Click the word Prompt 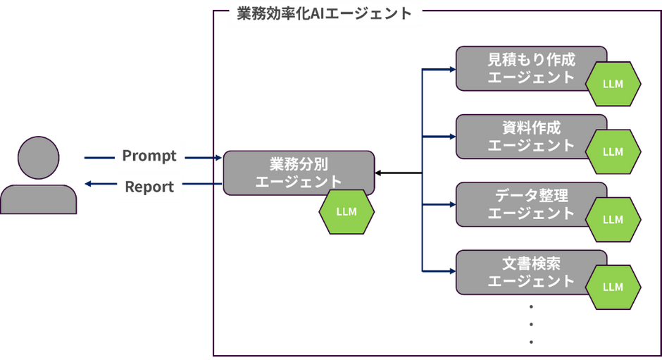(149, 156)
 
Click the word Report (149, 187)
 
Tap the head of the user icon (39, 158)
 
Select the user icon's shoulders (39, 199)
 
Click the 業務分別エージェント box (299, 173)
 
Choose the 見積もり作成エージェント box (531, 68)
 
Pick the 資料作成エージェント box (531, 137)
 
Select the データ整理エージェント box (531, 204)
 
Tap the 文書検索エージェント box (531, 273)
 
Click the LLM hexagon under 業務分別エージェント (346, 211)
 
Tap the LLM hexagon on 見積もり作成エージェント (613, 84)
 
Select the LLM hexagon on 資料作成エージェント (613, 151)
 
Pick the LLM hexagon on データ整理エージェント (613, 220)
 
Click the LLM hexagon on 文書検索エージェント (613, 287)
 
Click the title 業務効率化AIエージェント (324, 13)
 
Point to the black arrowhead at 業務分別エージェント (378, 173)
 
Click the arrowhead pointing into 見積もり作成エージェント (453, 69)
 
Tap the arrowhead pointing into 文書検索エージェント (453, 271)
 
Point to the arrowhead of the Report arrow (88, 184)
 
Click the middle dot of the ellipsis (531, 324)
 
